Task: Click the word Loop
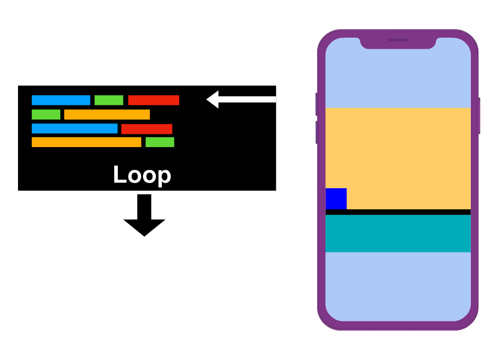pyautogui.click(x=142, y=175)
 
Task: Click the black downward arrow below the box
pyautogui.click(x=145, y=216)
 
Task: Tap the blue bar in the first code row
pyautogui.click(x=61, y=100)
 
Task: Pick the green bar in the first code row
pyautogui.click(x=109, y=100)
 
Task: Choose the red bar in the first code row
pyautogui.click(x=153, y=100)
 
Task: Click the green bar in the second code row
pyautogui.click(x=46, y=115)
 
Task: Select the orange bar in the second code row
pyautogui.click(x=107, y=115)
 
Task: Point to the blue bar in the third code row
pyautogui.click(x=75, y=129)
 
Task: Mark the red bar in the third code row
pyautogui.click(x=147, y=129)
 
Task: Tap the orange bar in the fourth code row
pyautogui.click(x=86, y=142)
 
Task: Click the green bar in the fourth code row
pyautogui.click(x=160, y=142)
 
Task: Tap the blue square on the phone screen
pyautogui.click(x=336, y=199)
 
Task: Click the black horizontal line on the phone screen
pyautogui.click(x=398, y=212)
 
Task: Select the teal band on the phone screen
pyautogui.click(x=398, y=233)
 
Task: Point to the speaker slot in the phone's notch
pyautogui.click(x=398, y=40)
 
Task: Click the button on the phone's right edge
pyautogui.click(x=479, y=116)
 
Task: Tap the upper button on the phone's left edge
pyautogui.click(x=316, y=104)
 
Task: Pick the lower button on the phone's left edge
pyautogui.click(x=316, y=132)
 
